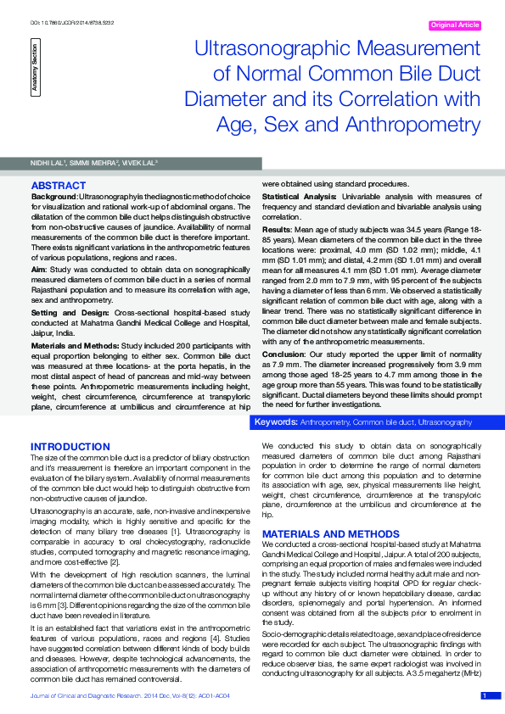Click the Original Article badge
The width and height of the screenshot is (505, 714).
coord(455,25)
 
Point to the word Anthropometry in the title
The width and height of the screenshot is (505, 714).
coord(412,125)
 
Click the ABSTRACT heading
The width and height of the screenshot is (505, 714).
coord(58,185)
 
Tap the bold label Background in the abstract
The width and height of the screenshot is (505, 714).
coord(53,196)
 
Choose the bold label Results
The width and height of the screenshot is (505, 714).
coord(277,230)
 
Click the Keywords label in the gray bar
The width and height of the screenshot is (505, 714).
coord(276,421)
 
